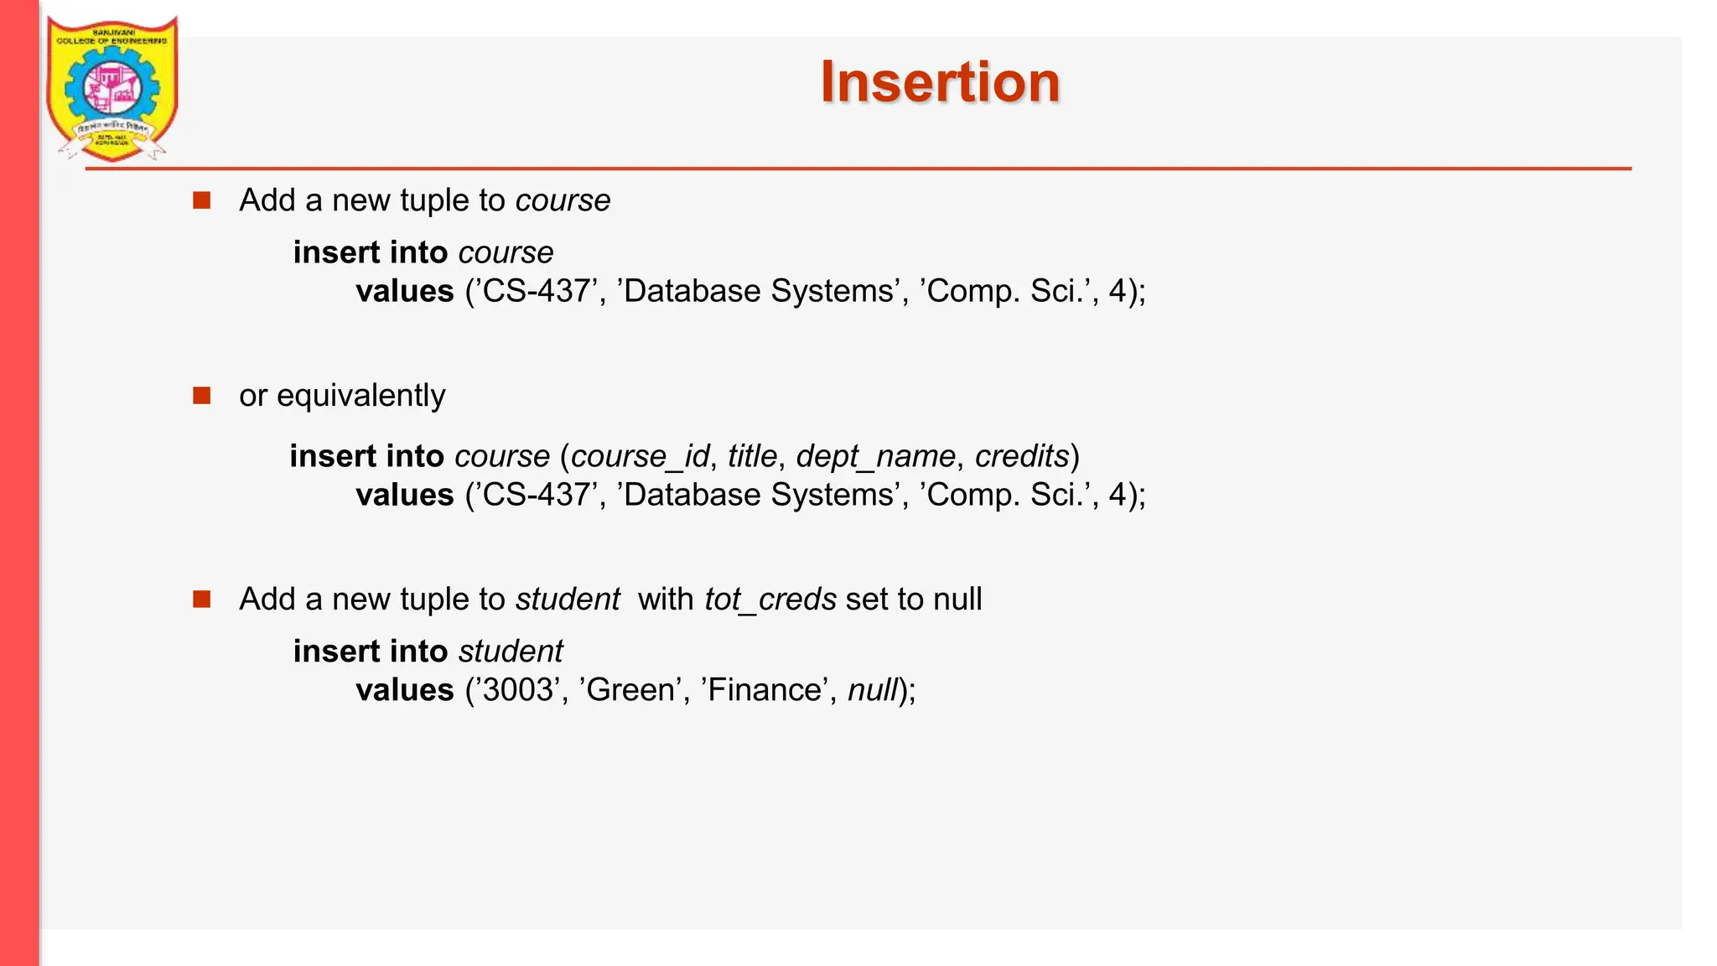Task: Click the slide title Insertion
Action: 940,82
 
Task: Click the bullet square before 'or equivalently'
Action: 201,395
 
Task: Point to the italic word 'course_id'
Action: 641,456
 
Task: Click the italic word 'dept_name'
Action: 875,456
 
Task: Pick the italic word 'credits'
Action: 1022,456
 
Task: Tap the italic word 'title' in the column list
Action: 752,456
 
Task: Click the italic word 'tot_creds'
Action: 770,600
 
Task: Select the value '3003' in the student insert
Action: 518,690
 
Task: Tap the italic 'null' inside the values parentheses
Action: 872,690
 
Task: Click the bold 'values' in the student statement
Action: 404,690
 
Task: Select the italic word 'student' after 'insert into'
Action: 511,652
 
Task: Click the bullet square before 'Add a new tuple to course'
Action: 201,200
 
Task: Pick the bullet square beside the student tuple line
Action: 201,599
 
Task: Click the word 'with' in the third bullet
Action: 665,600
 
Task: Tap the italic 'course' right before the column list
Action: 502,456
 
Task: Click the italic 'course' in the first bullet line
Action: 563,200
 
